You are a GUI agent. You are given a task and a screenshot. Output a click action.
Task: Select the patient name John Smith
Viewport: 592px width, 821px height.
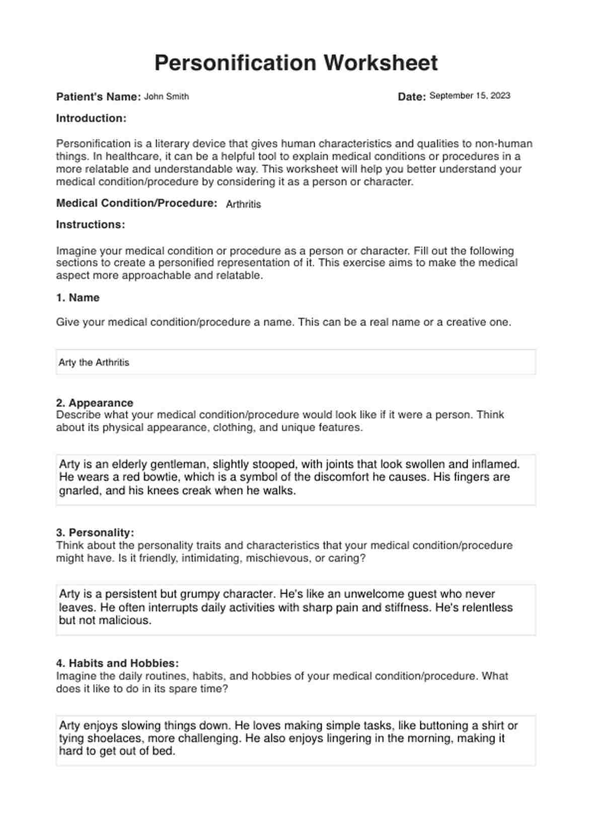pyautogui.click(x=166, y=97)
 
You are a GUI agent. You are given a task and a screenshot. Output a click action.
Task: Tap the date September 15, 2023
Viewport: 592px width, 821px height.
pyautogui.click(x=470, y=96)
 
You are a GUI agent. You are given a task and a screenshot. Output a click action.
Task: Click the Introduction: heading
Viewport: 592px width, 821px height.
pyautogui.click(x=91, y=118)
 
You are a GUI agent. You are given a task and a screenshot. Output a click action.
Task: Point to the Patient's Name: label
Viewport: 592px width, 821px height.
pyautogui.click(x=98, y=97)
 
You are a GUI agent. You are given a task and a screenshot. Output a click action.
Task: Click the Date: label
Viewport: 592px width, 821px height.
pyautogui.click(x=412, y=97)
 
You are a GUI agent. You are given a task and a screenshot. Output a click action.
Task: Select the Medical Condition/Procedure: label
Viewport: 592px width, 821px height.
pyautogui.click(x=136, y=203)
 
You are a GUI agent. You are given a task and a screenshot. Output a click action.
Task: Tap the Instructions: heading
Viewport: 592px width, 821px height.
pyautogui.click(x=91, y=225)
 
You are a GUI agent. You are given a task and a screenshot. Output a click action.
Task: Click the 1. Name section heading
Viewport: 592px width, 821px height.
pyautogui.click(x=78, y=298)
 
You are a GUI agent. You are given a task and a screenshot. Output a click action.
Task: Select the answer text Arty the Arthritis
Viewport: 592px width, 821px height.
pyautogui.click(x=94, y=363)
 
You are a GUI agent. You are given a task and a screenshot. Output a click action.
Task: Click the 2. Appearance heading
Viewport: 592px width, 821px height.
pyautogui.click(x=95, y=403)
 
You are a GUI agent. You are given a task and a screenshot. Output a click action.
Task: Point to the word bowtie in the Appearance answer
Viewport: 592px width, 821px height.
pyautogui.click(x=143, y=477)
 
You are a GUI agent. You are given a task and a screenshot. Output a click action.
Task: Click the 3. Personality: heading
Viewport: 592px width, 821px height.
pyautogui.click(x=95, y=532)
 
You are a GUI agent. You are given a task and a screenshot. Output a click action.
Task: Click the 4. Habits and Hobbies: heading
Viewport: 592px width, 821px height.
pyautogui.click(x=117, y=663)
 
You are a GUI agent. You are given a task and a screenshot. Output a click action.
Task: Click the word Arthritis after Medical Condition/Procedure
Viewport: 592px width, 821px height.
pyautogui.click(x=243, y=204)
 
